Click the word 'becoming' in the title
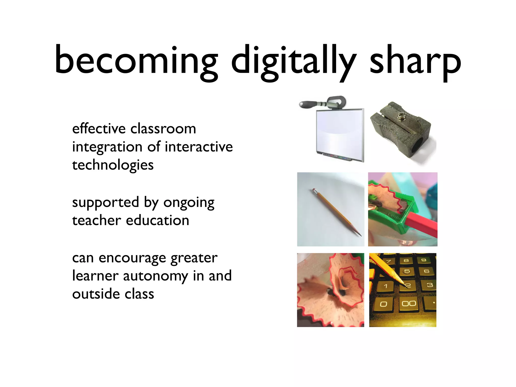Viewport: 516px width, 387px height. tap(136, 60)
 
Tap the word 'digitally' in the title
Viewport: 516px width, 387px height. tap(294, 62)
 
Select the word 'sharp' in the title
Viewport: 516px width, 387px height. tap(415, 62)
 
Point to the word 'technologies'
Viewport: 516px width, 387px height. tap(113, 165)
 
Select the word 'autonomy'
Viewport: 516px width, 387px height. tap(155, 276)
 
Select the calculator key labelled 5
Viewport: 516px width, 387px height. tap(407, 271)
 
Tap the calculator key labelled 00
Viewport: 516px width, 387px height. tap(409, 304)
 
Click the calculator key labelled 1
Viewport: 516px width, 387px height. tap(385, 286)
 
